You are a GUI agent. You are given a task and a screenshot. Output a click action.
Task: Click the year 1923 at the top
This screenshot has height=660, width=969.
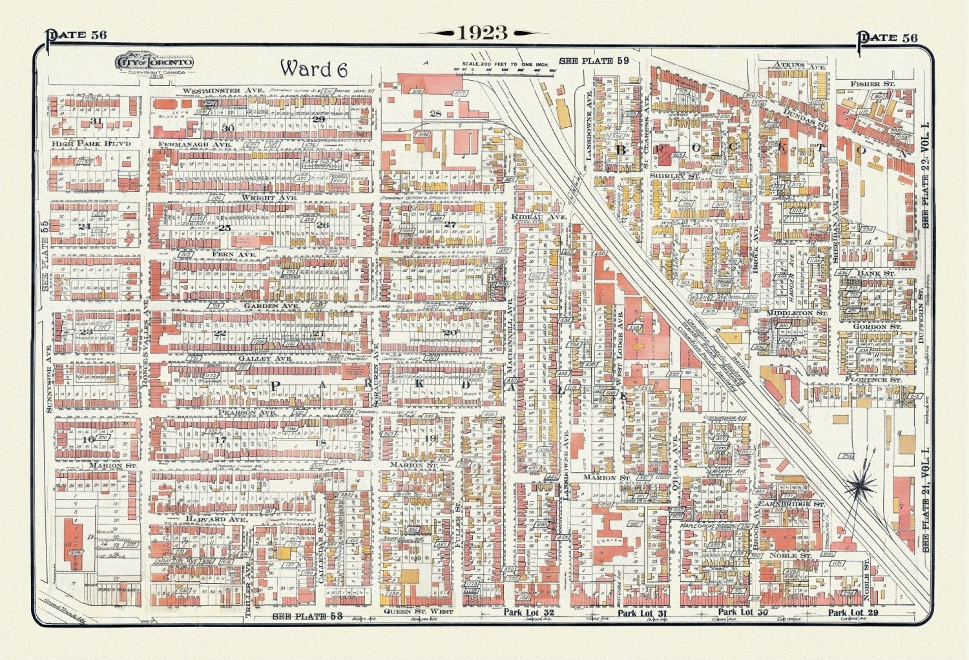(483, 33)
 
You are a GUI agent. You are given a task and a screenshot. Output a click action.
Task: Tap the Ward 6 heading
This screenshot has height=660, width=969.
(313, 68)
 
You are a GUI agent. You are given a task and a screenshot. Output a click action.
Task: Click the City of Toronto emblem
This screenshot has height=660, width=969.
(154, 62)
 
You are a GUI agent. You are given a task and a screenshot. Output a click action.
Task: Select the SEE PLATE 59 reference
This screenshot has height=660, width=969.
(594, 61)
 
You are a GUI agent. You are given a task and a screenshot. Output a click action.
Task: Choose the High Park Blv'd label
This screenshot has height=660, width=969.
(92, 143)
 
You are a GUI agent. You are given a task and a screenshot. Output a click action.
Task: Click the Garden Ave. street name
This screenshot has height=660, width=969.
(271, 305)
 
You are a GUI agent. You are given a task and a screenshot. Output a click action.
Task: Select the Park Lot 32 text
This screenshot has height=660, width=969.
(528, 612)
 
